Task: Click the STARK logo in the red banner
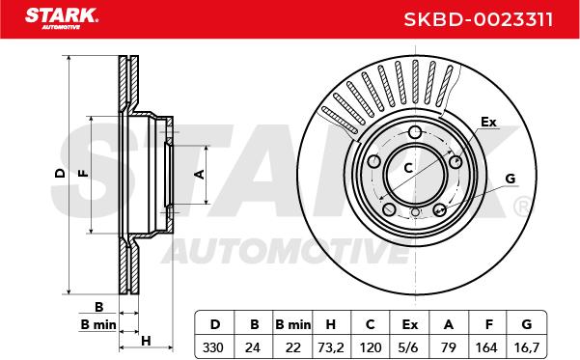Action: [x=62, y=18]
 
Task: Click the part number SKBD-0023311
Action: [x=479, y=19]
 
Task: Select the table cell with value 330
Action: [x=213, y=347]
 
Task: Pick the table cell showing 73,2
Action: [x=331, y=347]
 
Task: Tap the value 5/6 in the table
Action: [x=409, y=347]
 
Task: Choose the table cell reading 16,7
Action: [x=527, y=347]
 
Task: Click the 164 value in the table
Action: [x=486, y=347]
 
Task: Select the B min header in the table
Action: [x=293, y=324]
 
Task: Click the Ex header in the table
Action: [x=409, y=324]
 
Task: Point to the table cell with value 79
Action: [x=449, y=347]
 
